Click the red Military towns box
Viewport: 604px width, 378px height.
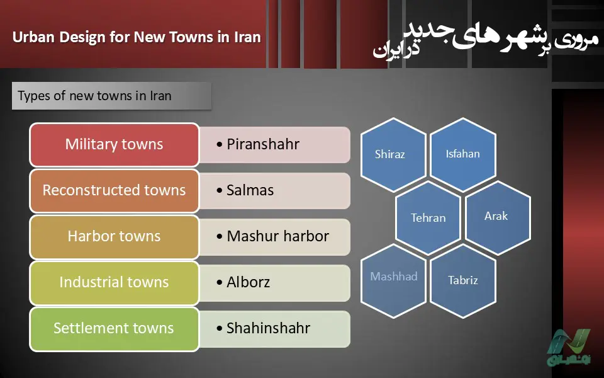[x=114, y=145]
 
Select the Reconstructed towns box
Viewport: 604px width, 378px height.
[x=114, y=190]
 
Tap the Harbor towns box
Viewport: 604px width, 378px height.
[x=114, y=236]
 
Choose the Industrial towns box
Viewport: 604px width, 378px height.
[x=114, y=283]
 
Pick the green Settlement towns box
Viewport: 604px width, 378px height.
[x=114, y=329]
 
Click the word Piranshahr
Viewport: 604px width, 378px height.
[x=263, y=145]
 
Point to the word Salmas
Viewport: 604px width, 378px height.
[x=250, y=190]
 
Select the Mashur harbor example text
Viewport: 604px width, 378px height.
[x=277, y=236]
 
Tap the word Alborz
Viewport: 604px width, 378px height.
[x=248, y=282]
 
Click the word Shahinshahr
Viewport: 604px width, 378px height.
[x=268, y=328]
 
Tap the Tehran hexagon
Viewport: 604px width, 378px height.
[x=428, y=218]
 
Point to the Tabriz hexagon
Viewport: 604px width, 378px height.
[x=462, y=281]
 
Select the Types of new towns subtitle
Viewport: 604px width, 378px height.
[x=94, y=96]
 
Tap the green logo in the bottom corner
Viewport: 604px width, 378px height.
[x=569, y=347]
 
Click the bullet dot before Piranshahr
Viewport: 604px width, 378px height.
[x=220, y=145]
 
